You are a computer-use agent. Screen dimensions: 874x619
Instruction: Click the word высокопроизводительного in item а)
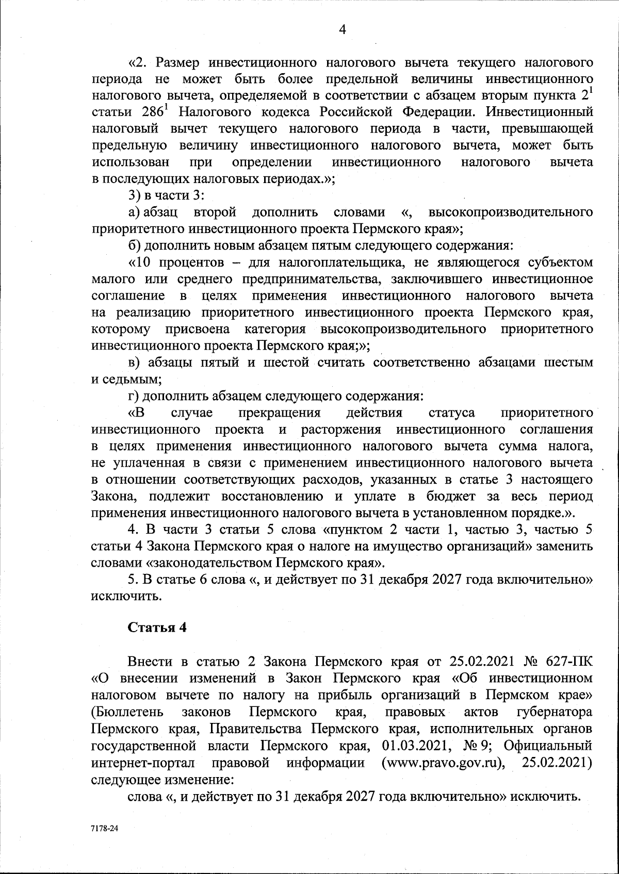(x=510, y=212)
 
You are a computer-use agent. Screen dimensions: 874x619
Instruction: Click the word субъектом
(x=561, y=262)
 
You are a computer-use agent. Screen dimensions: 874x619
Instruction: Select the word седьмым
(x=126, y=380)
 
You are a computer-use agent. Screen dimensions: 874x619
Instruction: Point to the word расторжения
(x=340, y=430)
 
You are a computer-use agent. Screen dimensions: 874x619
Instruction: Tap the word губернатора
(x=554, y=712)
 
